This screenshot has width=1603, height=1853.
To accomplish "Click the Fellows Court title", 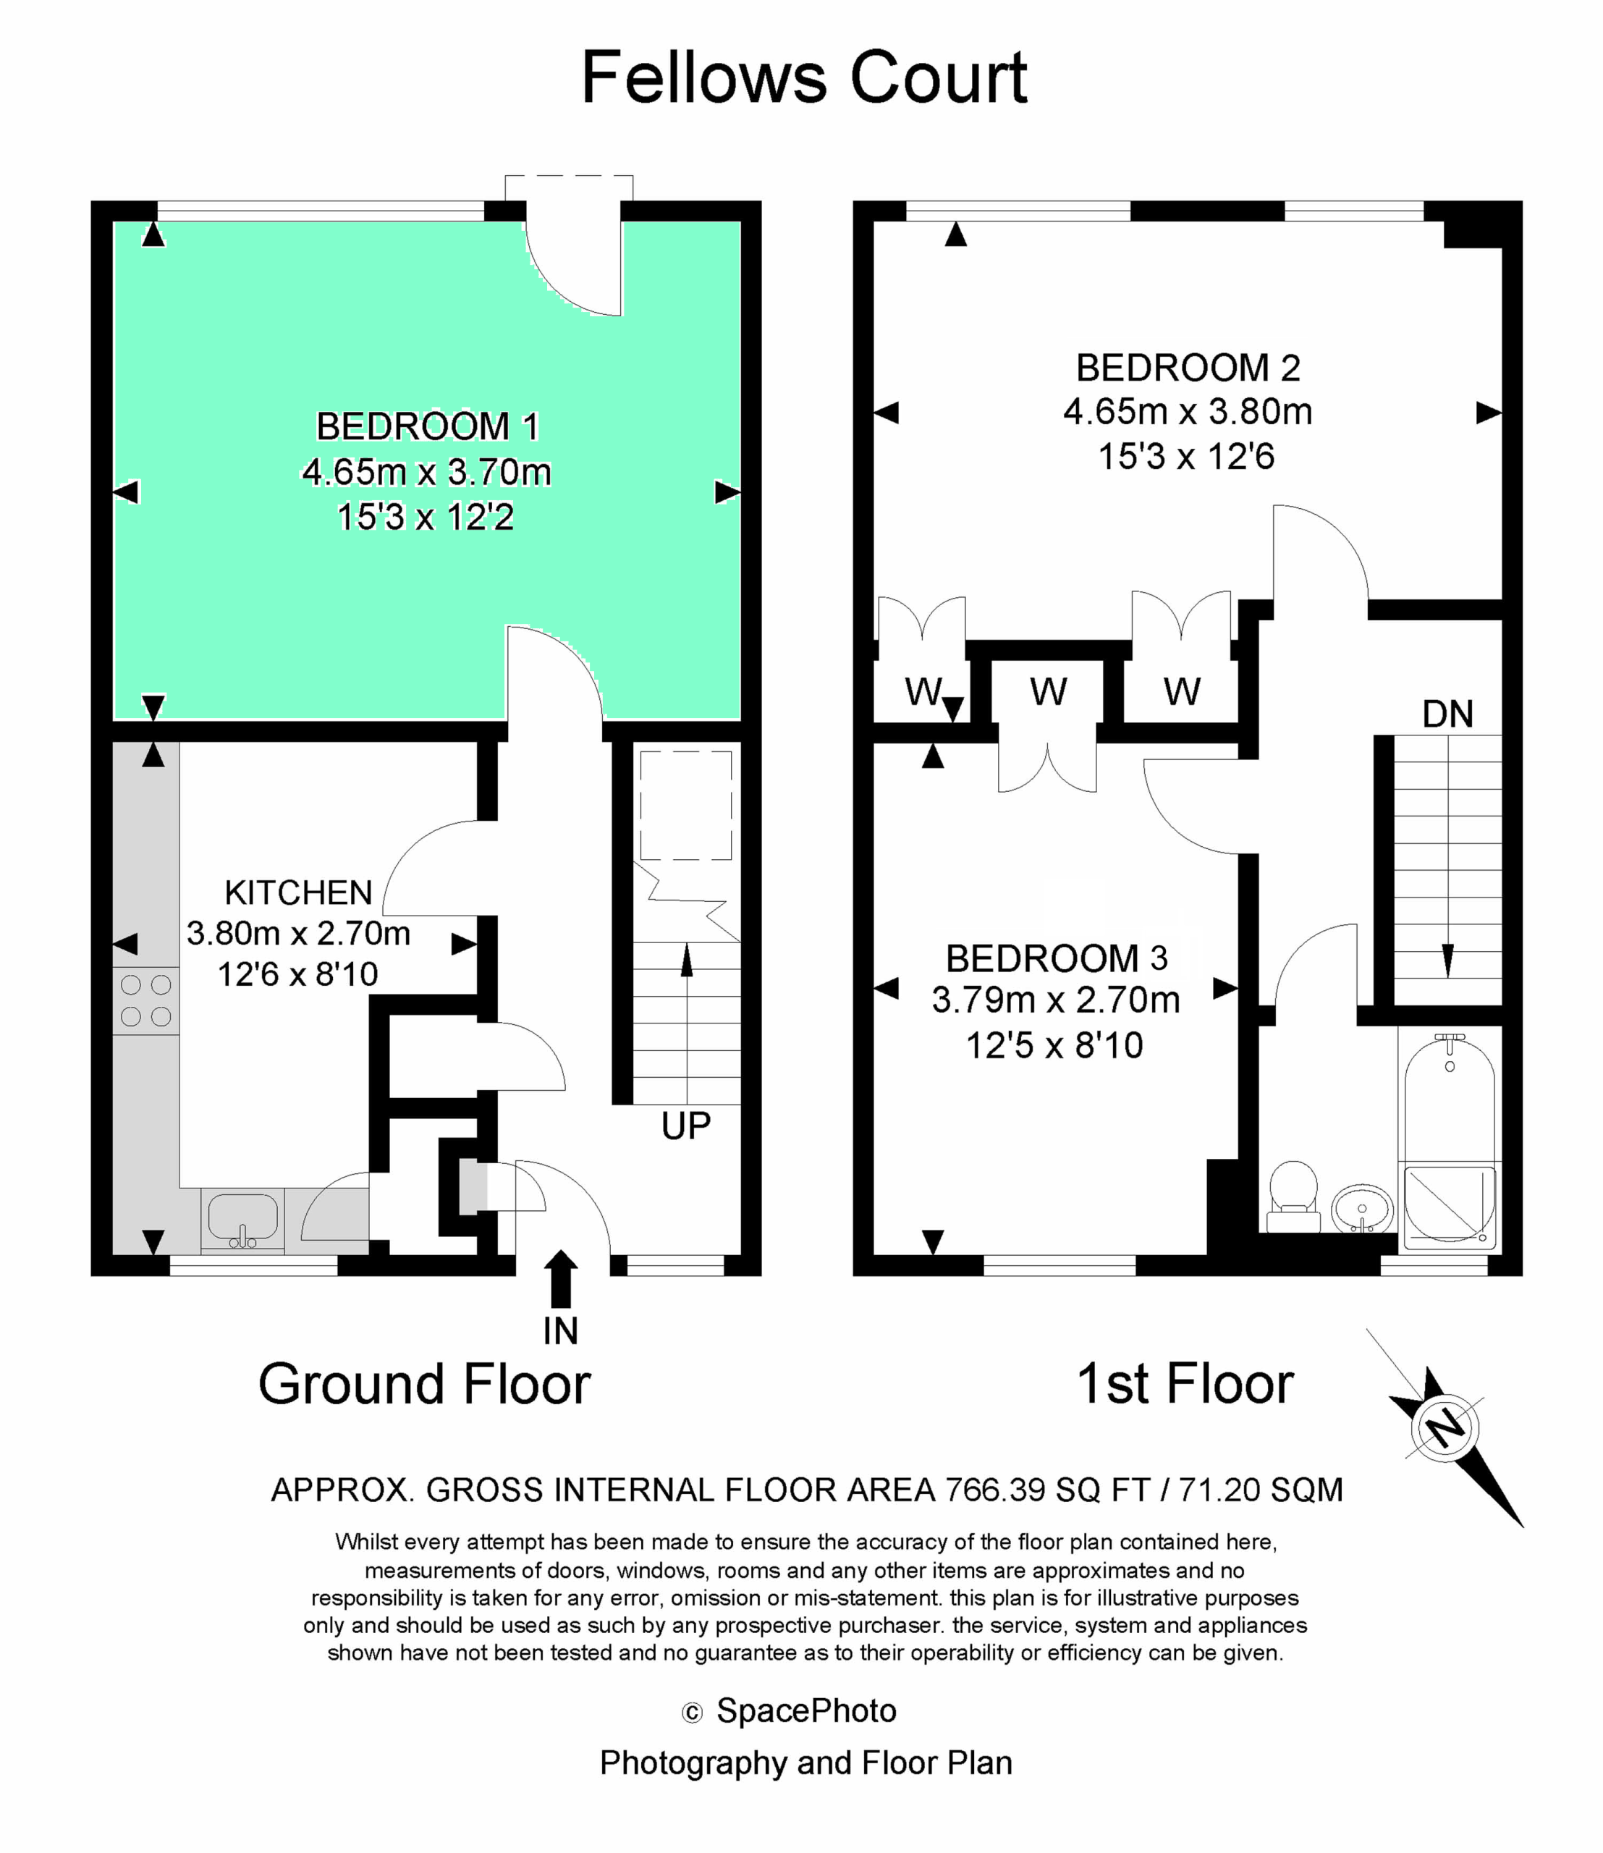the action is (x=804, y=78).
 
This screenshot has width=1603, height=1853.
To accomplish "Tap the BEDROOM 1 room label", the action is (x=428, y=427).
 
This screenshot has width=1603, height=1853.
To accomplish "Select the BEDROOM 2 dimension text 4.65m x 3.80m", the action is (x=1188, y=412).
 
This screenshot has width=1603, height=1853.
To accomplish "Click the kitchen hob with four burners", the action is (x=145, y=1000).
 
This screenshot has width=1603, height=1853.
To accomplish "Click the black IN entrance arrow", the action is (x=560, y=1280).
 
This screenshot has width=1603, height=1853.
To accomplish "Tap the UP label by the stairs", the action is (x=686, y=1126).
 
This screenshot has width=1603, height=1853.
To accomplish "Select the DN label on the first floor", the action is (x=1447, y=714).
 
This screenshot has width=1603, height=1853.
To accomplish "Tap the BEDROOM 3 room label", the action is (x=1057, y=958).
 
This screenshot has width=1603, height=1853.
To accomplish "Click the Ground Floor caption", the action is (x=425, y=1384).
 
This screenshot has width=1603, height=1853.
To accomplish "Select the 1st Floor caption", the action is (x=1185, y=1384).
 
